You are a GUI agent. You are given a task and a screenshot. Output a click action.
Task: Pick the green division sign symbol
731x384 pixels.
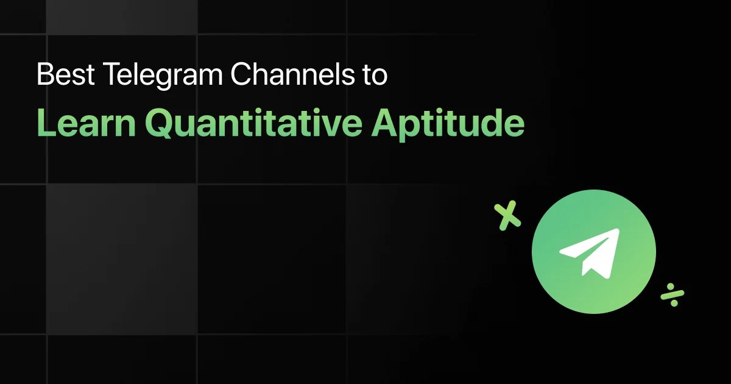click(673, 294)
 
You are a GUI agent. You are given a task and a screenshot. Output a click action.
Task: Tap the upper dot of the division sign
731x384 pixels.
click(670, 286)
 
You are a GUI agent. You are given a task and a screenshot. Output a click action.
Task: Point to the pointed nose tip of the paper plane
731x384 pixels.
click(618, 230)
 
